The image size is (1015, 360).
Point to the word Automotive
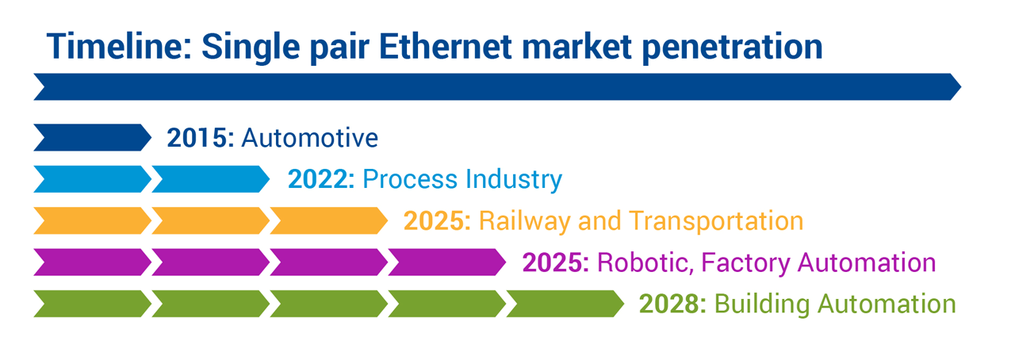click(309, 138)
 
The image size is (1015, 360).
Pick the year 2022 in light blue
click(321, 179)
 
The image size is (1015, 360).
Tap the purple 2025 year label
click(555, 262)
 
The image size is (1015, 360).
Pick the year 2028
click(672, 304)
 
